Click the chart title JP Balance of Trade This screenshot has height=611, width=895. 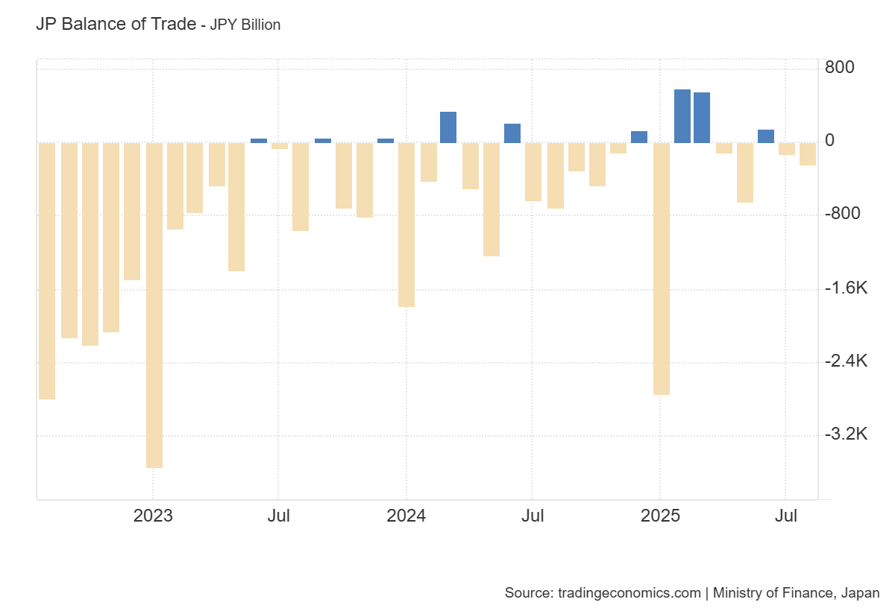115,24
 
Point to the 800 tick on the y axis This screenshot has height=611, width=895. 840,68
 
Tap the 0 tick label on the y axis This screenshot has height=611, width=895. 829,141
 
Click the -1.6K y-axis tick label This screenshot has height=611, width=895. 846,288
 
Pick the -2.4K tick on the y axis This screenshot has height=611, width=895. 846,361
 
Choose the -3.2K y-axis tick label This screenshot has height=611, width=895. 846,434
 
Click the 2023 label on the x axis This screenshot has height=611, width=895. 153,516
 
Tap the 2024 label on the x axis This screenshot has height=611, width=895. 406,516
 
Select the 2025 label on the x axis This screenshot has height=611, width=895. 660,516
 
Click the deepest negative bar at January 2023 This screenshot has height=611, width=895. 154,305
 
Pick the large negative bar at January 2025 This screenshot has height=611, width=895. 662,268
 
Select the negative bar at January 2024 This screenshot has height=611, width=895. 406,224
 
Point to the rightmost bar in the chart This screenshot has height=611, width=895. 808,154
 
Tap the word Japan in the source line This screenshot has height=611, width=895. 860,593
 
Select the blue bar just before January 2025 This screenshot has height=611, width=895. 639,136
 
